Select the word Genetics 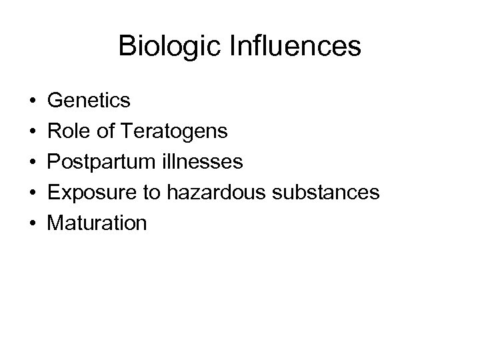tap(90, 101)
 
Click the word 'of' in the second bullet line tap(107, 131)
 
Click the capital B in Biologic tap(126, 47)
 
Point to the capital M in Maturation tap(57, 223)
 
